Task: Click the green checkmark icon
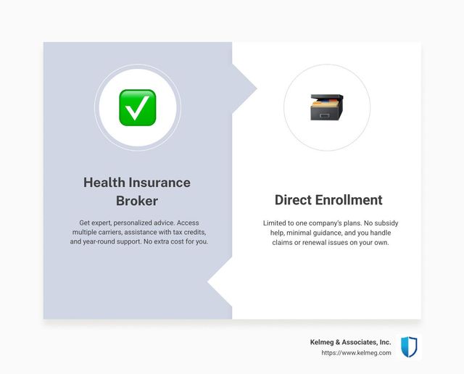[137, 108]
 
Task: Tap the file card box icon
[327, 107]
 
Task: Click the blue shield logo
[409, 346]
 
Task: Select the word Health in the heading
[104, 182]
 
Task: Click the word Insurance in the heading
[159, 182]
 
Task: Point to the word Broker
[137, 201]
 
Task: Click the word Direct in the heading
[293, 200]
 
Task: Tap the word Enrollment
[349, 200]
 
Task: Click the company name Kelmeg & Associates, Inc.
[350, 342]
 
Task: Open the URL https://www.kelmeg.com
[356, 353]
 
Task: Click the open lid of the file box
[327, 97]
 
